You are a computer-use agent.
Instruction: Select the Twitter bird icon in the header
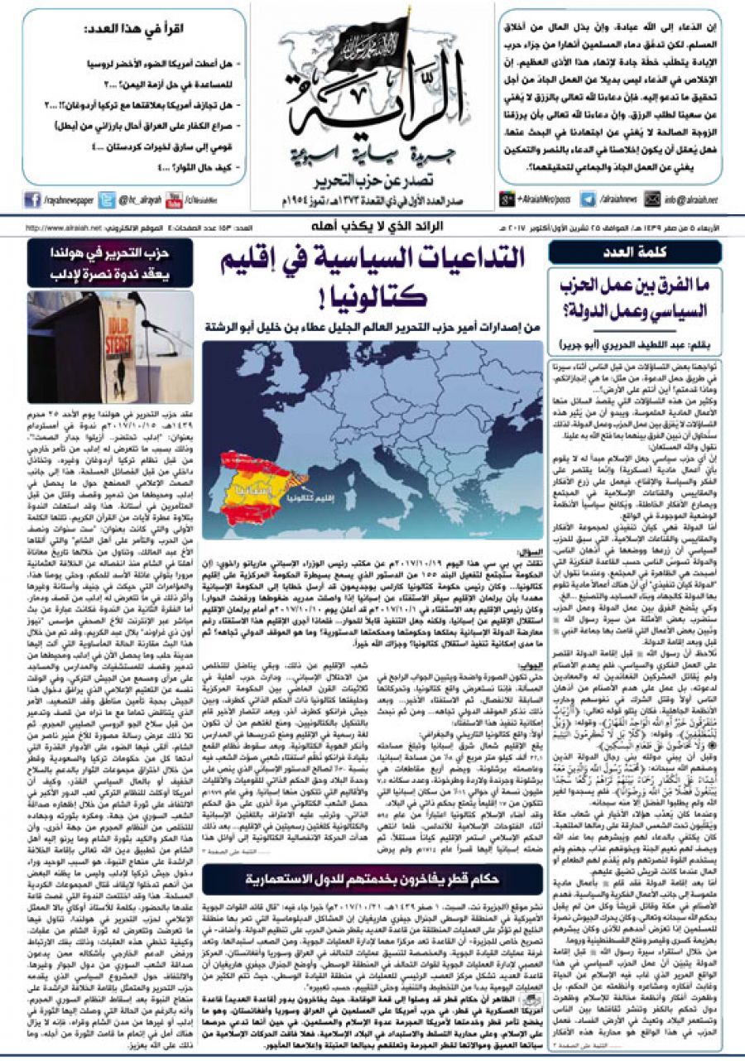[x=107, y=199]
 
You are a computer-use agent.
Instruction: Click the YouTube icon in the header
[x=174, y=199]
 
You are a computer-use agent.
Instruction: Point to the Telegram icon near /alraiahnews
[x=589, y=199]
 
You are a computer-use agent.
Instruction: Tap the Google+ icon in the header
[x=507, y=199]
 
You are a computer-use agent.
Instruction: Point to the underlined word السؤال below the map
[x=530, y=549]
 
